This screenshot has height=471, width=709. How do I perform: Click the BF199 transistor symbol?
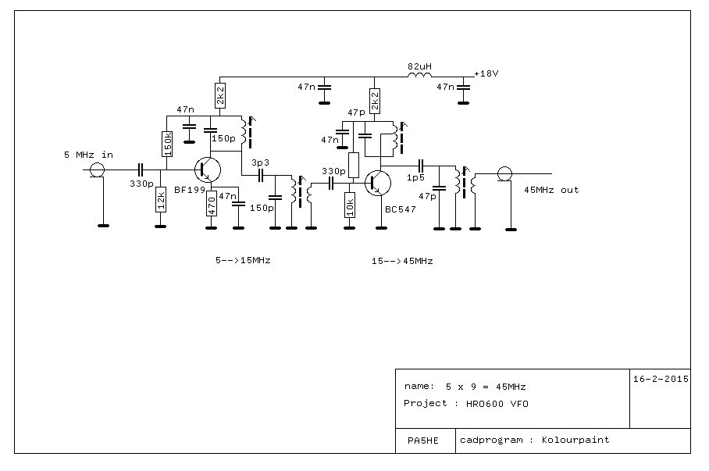coord(208,170)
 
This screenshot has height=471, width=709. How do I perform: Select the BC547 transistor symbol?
coord(378,183)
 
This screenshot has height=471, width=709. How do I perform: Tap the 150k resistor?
coord(167,144)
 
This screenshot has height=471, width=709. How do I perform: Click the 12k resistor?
coord(161,199)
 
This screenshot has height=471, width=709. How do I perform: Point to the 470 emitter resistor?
coord(211,203)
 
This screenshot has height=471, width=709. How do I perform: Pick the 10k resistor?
coord(350,205)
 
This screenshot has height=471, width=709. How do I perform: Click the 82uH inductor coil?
coord(419,75)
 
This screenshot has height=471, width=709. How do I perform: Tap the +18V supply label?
coord(486,73)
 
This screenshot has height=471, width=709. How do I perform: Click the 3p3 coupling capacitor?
coord(261,175)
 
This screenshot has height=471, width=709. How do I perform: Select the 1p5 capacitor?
coord(421,166)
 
